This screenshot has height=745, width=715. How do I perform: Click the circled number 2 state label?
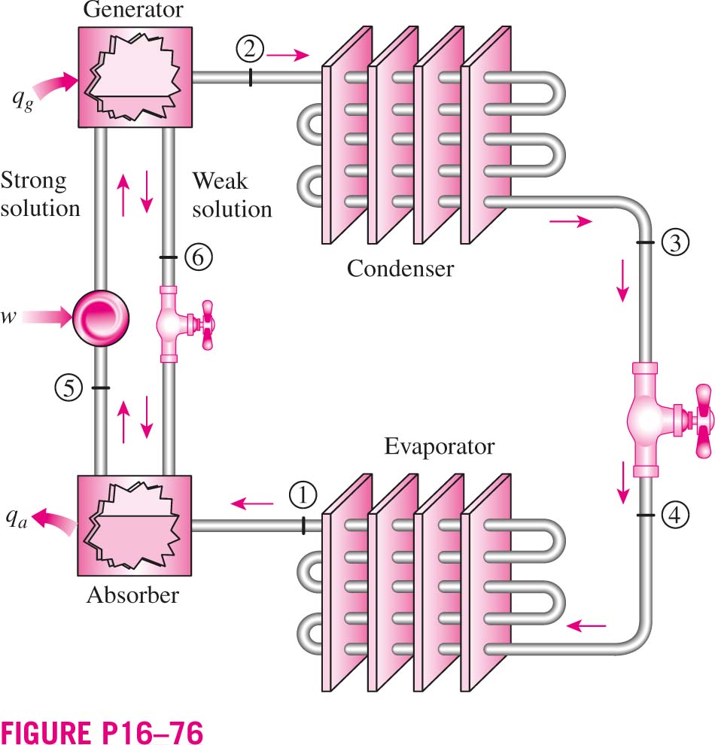click(250, 49)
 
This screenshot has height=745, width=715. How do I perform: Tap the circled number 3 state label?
click(675, 242)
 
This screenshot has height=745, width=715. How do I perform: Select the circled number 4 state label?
click(675, 515)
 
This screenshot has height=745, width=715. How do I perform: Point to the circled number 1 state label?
click(303, 496)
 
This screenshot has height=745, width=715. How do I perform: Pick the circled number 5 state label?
click(69, 388)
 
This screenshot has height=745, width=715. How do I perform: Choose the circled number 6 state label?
click(198, 257)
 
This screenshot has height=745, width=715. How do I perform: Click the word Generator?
click(133, 10)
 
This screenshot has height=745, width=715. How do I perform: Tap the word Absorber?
click(133, 594)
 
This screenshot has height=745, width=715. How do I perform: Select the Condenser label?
click(400, 269)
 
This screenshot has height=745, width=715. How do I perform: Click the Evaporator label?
click(440, 446)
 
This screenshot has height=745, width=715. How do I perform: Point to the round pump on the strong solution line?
click(101, 318)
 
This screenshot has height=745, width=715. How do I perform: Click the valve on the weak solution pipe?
click(183, 324)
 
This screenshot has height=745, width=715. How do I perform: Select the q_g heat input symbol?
click(23, 100)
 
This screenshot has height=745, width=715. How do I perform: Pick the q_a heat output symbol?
click(17, 518)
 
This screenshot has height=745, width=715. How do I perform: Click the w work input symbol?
click(9, 317)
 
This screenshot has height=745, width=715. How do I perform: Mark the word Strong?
click(34, 181)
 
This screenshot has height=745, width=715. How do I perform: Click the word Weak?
click(220, 181)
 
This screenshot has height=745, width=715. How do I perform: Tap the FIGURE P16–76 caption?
click(102, 732)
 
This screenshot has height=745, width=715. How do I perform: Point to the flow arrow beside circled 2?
click(288, 55)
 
